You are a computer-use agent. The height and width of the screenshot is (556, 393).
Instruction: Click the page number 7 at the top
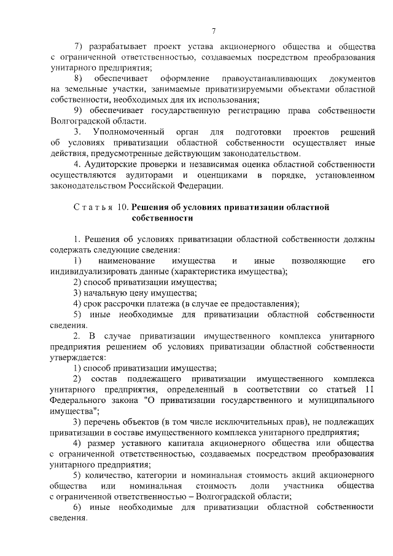click(212, 30)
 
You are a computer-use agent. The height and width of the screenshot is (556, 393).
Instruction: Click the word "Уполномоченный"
click(130, 132)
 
